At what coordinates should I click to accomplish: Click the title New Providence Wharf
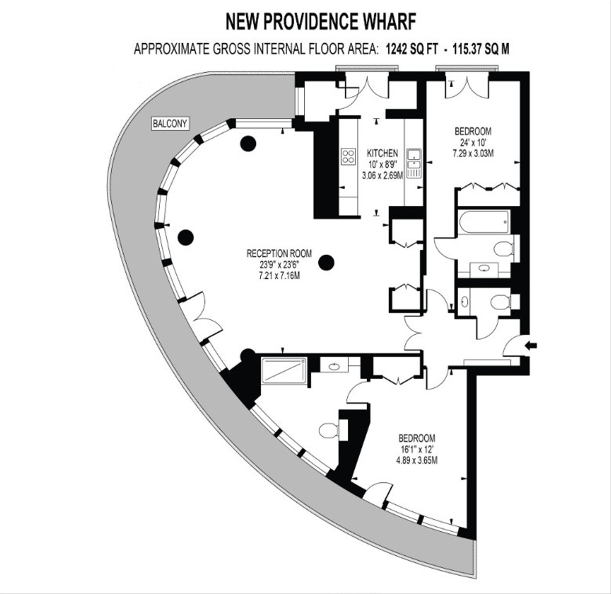[x=321, y=22]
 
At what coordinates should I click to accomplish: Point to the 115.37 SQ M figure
[x=481, y=49]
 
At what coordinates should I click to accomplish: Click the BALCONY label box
[x=170, y=124]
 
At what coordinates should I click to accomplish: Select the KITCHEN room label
[x=382, y=153]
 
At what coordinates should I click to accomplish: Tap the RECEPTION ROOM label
[x=279, y=254]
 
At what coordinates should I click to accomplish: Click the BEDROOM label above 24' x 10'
[x=473, y=131]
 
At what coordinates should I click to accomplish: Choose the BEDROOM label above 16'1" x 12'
[x=417, y=438]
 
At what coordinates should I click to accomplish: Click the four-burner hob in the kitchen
[x=349, y=157]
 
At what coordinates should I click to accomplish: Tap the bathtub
[x=484, y=222]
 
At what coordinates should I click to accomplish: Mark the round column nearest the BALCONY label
[x=248, y=144]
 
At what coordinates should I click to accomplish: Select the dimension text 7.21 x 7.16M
[x=279, y=276]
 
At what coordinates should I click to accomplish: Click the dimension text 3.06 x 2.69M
[x=382, y=176]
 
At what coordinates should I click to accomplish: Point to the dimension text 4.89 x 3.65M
[x=417, y=461]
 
